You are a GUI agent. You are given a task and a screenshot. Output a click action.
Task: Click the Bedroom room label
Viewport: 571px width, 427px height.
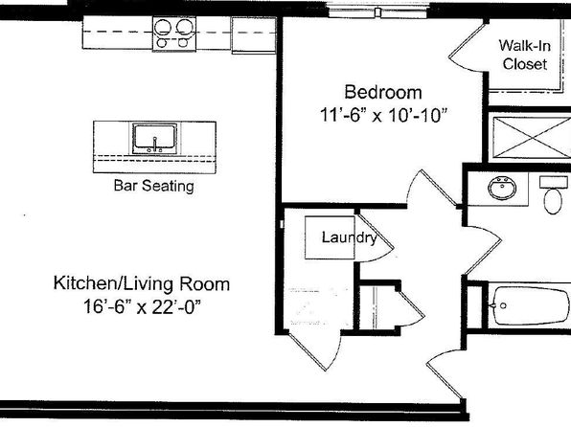pos(383,92)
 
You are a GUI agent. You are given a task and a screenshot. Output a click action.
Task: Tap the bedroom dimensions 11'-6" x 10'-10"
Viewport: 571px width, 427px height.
pos(383,115)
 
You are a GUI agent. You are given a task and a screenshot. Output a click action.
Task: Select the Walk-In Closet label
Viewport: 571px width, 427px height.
pos(525,55)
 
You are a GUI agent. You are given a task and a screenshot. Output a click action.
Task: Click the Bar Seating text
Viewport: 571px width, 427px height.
pos(153,186)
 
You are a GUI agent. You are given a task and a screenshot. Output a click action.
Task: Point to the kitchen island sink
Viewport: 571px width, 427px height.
pos(155,138)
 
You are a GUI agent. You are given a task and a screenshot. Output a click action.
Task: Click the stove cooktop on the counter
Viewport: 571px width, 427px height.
pos(174,34)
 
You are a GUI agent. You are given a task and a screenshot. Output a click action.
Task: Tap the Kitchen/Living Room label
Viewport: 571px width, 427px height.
pos(142,283)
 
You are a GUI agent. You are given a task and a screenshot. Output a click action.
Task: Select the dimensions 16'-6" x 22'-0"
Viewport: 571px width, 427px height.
pos(142,306)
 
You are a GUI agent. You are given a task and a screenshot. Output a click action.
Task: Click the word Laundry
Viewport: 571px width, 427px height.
pos(350,237)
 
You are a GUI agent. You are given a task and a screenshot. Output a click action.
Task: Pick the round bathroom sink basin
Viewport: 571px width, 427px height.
pos(502,188)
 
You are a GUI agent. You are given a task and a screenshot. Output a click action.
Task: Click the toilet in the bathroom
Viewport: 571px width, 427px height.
pos(553,194)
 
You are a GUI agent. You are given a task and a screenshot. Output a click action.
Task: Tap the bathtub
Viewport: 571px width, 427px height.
pos(529,305)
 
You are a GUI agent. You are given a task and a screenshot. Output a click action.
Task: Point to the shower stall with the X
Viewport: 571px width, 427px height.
pos(531,138)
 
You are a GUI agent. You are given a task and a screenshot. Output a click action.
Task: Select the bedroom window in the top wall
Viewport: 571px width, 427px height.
pos(378,11)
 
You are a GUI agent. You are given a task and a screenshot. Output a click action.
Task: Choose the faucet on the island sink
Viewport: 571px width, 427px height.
pos(155,145)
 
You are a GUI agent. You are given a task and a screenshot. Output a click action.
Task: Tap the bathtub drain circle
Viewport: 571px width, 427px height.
pos(503,305)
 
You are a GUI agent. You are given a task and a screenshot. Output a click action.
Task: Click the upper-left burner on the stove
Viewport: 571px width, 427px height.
pos(163,27)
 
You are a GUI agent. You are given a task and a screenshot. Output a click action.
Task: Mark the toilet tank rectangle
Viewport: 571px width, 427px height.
pos(554,182)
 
